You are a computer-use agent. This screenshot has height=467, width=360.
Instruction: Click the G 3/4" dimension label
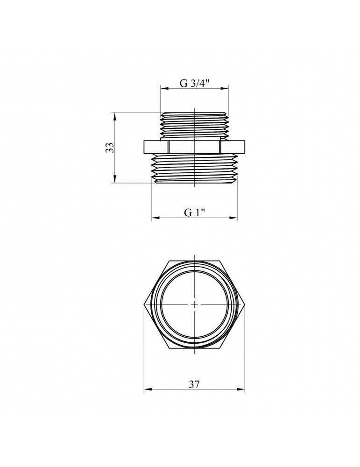(194, 83)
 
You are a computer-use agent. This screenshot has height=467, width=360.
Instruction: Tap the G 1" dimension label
(195, 212)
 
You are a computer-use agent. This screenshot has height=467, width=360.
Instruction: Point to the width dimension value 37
(194, 384)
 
